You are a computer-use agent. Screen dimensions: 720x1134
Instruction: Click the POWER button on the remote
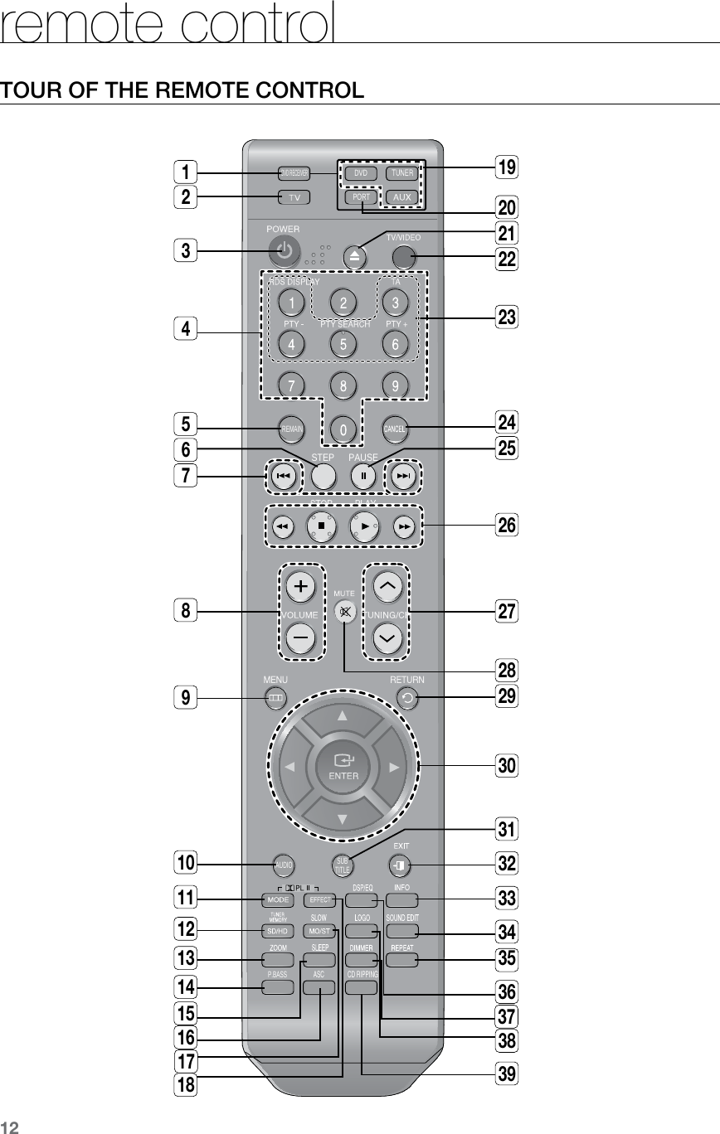[x=285, y=250]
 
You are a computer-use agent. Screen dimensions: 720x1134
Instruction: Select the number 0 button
[x=343, y=429]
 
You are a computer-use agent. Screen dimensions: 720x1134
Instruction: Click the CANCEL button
[x=395, y=429]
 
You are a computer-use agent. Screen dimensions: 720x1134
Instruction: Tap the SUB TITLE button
[x=342, y=865]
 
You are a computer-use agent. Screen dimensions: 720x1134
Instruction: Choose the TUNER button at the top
[x=403, y=173]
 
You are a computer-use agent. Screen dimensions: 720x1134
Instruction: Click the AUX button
[x=403, y=197]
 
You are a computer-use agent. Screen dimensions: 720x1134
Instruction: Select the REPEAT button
[x=402, y=960]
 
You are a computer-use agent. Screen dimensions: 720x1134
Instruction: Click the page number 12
[x=10, y=1125]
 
